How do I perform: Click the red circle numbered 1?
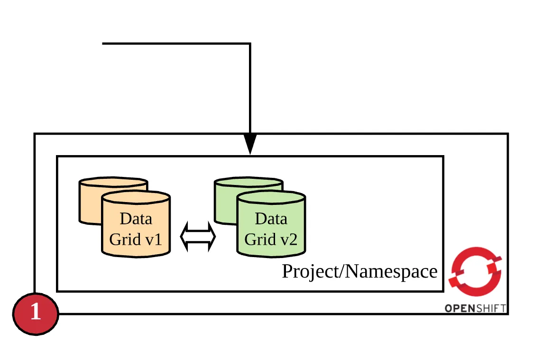[36, 314]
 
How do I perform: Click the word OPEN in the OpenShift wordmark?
[459, 309]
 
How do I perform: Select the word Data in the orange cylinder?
[136, 219]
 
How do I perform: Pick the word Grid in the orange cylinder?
[125, 239]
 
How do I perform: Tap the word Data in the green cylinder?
[271, 219]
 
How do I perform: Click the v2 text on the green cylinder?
[288, 239]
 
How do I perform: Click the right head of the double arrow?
[211, 236]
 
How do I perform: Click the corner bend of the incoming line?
[250, 44]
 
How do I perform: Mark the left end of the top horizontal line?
[103, 44]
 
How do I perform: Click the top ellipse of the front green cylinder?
[271, 198]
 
